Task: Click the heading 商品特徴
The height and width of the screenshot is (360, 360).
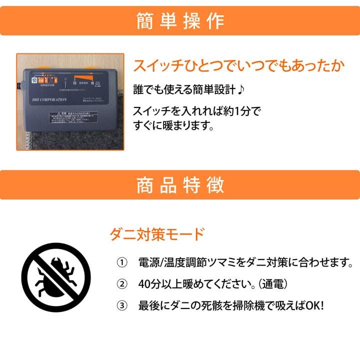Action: [x=180, y=185]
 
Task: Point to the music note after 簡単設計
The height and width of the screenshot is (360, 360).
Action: [x=240, y=90]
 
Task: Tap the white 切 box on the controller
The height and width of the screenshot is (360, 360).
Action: [x=34, y=79]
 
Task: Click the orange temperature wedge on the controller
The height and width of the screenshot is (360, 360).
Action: [x=79, y=77]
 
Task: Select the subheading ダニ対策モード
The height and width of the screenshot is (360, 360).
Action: [x=157, y=233]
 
